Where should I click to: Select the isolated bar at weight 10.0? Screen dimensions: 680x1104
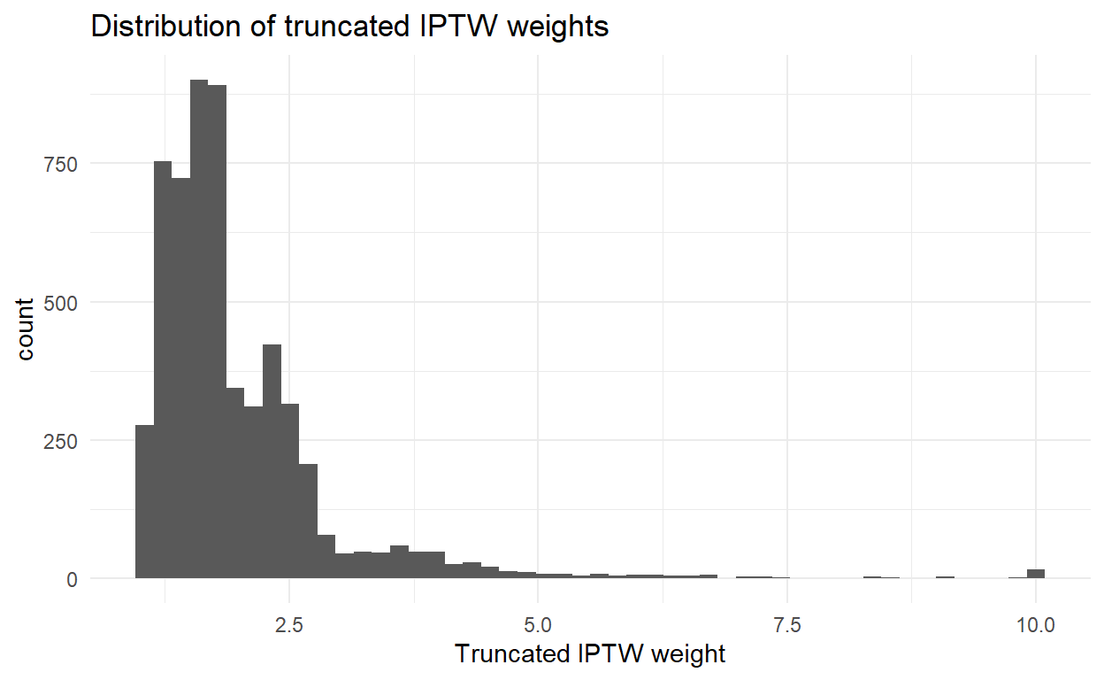click(1036, 574)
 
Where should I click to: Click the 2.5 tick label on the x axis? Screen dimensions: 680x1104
click(289, 624)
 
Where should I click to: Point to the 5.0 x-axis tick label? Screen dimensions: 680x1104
click(538, 624)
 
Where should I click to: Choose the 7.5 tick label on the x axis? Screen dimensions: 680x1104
click(787, 624)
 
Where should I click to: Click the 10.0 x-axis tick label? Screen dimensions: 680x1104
click(1036, 624)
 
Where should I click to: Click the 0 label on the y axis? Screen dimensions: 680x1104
click(72, 579)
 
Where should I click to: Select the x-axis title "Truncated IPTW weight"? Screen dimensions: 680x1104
click(589, 654)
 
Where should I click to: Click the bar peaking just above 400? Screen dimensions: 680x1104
click(272, 460)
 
